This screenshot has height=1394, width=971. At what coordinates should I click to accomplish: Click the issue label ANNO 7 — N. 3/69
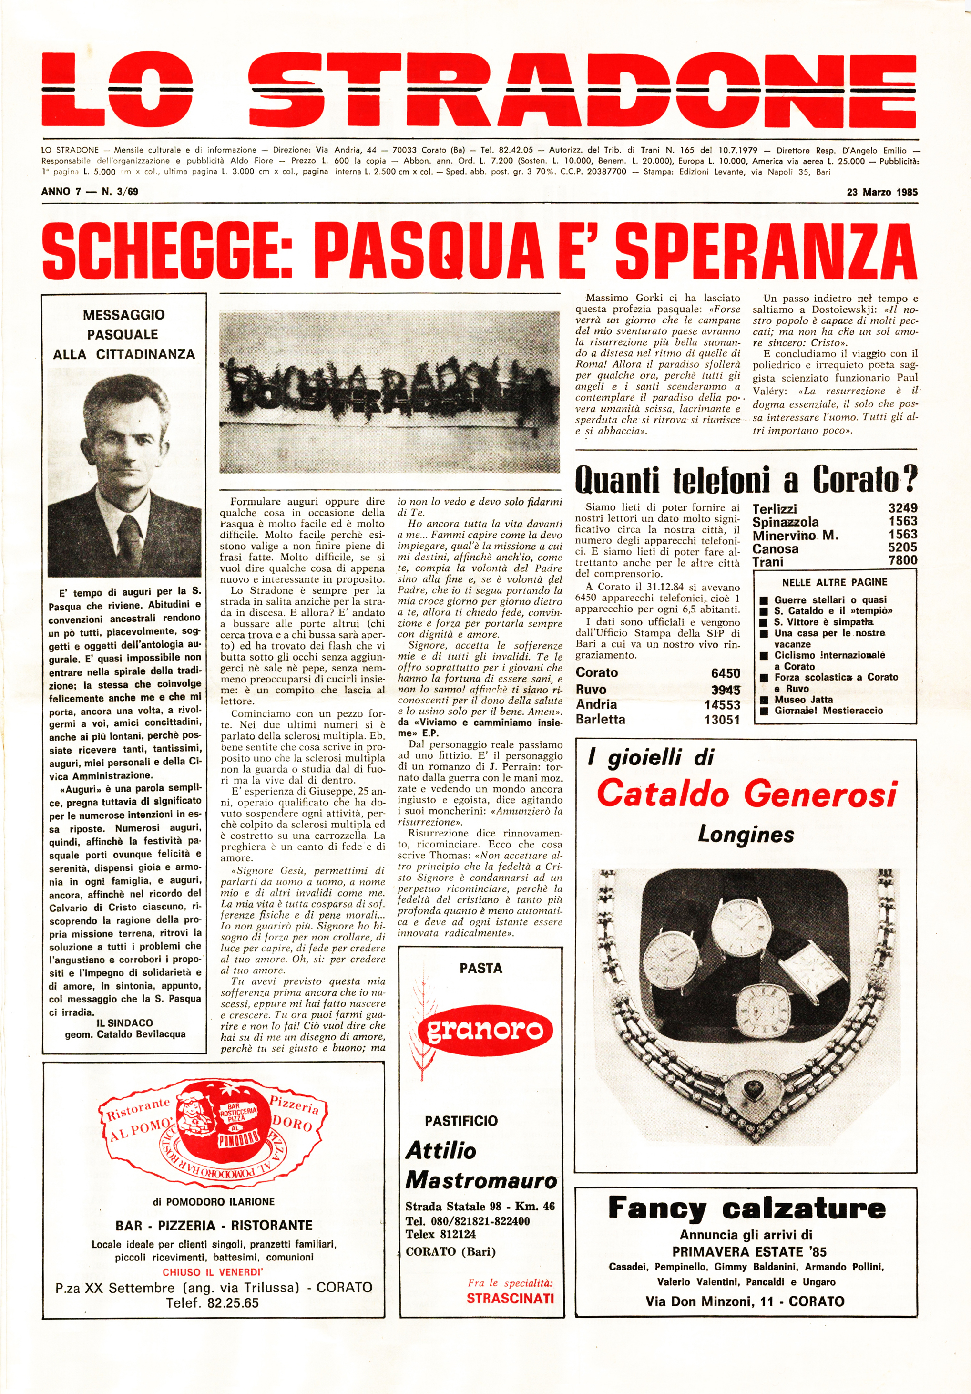click(x=90, y=192)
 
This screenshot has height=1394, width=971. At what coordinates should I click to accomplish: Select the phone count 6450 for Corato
click(x=725, y=673)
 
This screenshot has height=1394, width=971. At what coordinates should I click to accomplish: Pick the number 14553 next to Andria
click(x=722, y=705)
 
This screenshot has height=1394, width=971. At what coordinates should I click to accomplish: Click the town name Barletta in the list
click(x=600, y=720)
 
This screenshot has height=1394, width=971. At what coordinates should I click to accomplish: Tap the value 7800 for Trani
click(x=902, y=560)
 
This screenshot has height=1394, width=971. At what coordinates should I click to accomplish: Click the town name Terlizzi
click(x=775, y=509)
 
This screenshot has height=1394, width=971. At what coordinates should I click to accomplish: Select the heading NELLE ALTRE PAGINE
click(x=835, y=582)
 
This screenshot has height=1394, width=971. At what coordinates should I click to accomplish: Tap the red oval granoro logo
click(x=484, y=1030)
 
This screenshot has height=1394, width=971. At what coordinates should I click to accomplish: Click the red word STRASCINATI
click(x=510, y=1298)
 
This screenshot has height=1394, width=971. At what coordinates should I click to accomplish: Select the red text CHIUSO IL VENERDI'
click(x=213, y=1272)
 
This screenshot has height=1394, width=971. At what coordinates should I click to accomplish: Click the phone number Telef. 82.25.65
click(x=213, y=1303)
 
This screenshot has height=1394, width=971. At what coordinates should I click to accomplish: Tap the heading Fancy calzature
click(x=746, y=1208)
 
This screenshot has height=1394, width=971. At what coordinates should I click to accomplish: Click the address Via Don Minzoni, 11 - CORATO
click(x=745, y=1301)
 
